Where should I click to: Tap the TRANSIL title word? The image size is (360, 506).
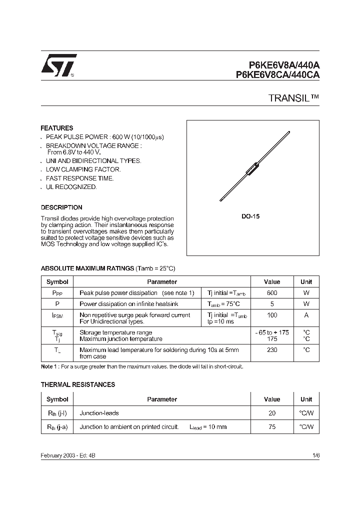(290, 98)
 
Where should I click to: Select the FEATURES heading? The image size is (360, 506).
(56, 128)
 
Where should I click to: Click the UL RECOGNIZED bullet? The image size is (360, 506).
(71, 186)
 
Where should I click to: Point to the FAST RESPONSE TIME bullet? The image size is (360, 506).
(79, 178)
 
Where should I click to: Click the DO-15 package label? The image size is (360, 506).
(251, 216)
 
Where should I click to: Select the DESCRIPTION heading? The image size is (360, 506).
(61, 207)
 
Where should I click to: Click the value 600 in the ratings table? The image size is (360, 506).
(271, 292)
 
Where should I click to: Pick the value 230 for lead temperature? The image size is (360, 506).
(271, 350)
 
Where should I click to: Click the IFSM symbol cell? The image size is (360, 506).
(57, 316)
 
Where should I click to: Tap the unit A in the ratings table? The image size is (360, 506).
(306, 315)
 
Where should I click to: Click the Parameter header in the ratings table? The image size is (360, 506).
(162, 281)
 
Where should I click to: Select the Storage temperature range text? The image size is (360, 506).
(115, 332)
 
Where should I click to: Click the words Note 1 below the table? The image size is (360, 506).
(50, 366)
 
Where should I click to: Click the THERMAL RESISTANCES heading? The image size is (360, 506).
(77, 384)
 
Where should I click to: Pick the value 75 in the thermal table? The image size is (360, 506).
(271, 427)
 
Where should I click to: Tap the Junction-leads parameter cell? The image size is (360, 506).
(99, 413)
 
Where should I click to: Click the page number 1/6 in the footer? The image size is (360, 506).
(315, 455)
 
